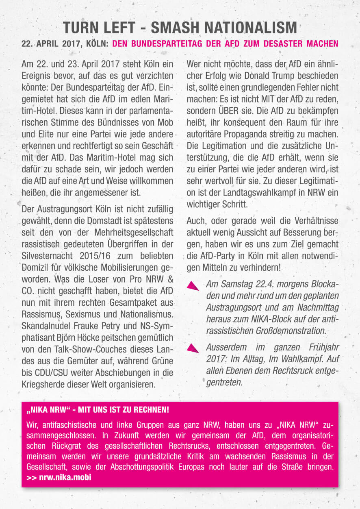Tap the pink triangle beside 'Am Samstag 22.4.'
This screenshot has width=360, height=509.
(x=193, y=285)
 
